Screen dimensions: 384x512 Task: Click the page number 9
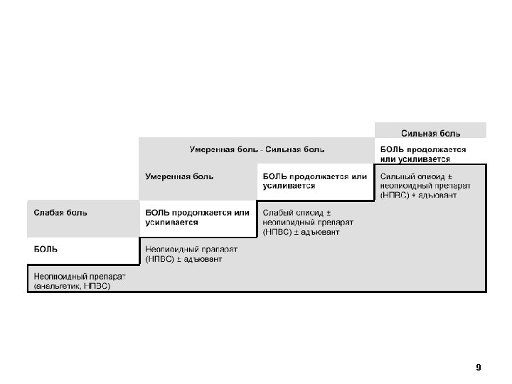[x=479, y=368]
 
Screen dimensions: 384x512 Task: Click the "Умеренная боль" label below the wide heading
[x=179, y=176]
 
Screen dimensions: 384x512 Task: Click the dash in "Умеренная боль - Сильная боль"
[x=261, y=150]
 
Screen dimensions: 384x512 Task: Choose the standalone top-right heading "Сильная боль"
[x=431, y=132]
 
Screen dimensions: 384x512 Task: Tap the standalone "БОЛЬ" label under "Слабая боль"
[x=46, y=249]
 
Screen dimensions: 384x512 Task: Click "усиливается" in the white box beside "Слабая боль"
[x=171, y=222]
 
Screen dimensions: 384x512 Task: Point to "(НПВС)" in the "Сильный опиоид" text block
[x=395, y=194]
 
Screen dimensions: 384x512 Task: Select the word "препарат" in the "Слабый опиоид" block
[x=334, y=222]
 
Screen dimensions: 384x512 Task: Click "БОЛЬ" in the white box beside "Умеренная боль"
[x=274, y=176]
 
